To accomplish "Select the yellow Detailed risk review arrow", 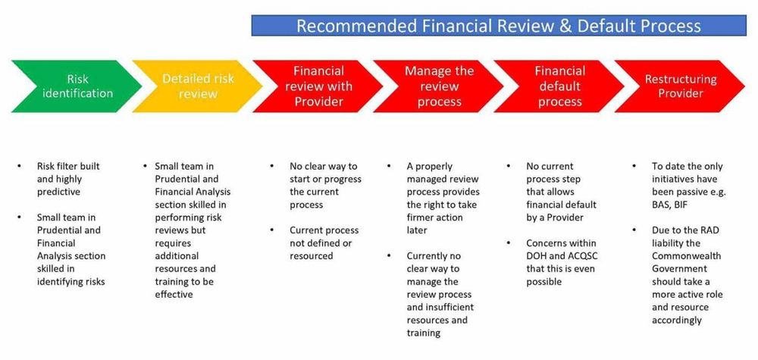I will coord(197,86).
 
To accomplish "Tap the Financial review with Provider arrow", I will coord(318,86).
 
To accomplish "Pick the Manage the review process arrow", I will coord(439,86).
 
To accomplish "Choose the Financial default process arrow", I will coord(559,86).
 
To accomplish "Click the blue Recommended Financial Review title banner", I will coord(499,25).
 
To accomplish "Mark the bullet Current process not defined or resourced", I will coord(324,243).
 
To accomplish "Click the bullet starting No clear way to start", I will coord(325,179).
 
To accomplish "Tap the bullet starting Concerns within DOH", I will coord(562,261).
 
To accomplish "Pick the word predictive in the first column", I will coord(61,192).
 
